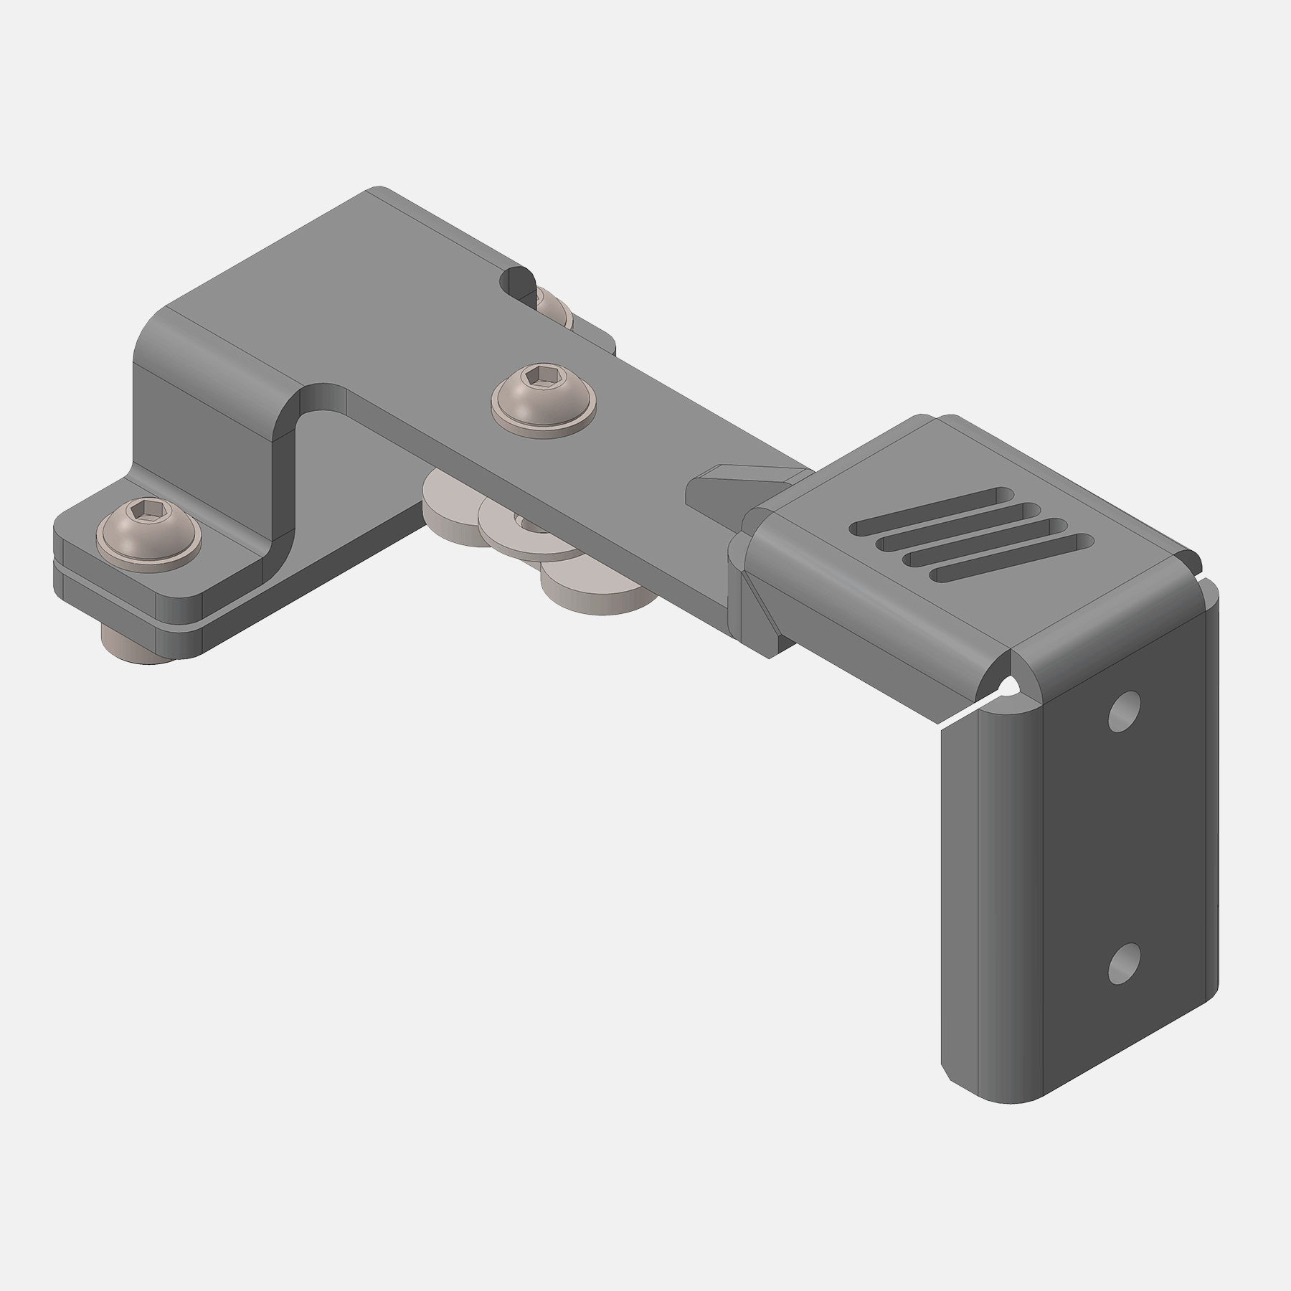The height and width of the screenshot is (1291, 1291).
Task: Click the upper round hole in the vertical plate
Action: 1124,711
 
